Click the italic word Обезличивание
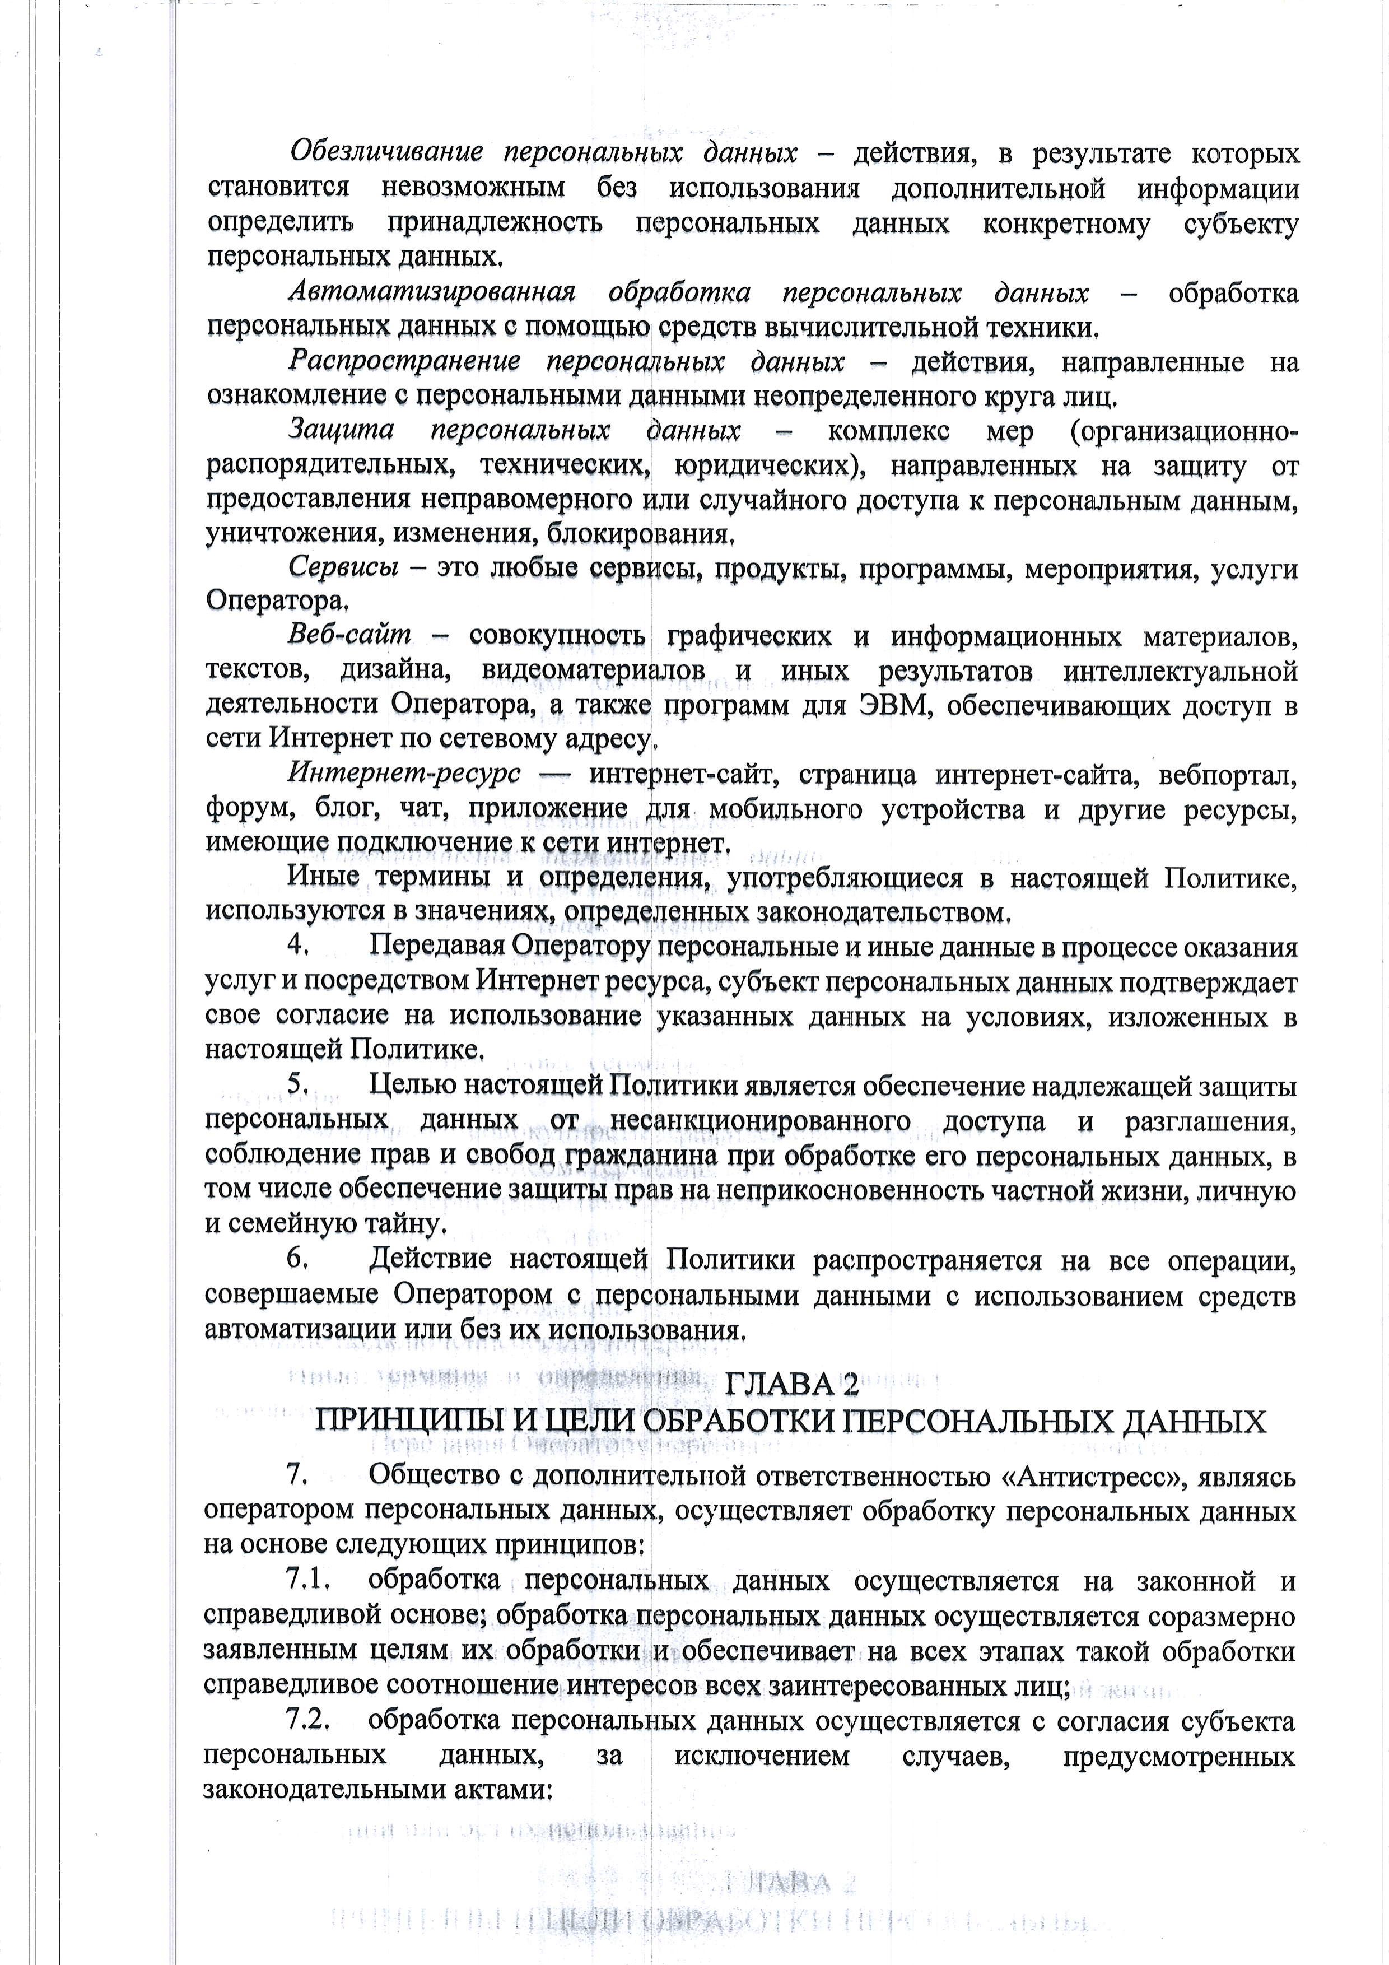tap(386, 154)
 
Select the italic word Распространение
tap(404, 363)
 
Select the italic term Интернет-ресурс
tap(404, 775)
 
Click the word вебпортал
tap(1227, 775)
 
